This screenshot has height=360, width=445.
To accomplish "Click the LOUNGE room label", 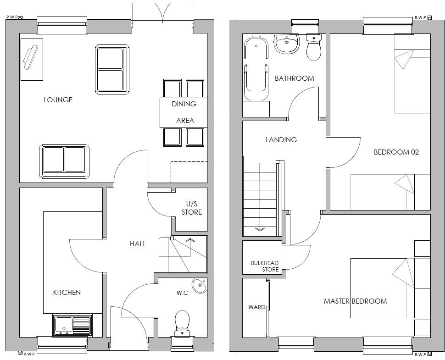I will click(x=58, y=100).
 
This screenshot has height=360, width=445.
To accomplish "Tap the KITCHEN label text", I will click(x=67, y=293).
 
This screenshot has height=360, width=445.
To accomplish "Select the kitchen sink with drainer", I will click(x=72, y=325).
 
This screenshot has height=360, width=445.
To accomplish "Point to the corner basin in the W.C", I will click(x=200, y=286).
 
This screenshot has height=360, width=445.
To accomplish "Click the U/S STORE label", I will click(x=191, y=208).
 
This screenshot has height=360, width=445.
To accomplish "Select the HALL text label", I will click(x=138, y=244).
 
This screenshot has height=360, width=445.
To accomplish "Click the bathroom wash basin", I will click(x=287, y=44).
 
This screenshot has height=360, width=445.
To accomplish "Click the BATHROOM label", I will click(x=295, y=78).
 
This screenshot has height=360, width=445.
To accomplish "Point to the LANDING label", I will click(x=281, y=140).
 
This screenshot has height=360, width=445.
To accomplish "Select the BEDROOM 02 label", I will click(x=396, y=152).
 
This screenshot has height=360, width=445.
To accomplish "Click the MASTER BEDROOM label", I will click(x=355, y=301).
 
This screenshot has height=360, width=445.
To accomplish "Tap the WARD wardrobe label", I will click(x=256, y=307).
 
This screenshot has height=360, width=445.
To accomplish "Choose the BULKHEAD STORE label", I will click(x=265, y=266).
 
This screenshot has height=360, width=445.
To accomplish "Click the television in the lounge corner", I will click(x=31, y=58).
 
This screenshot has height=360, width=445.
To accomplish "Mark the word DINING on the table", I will click(x=184, y=104).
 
